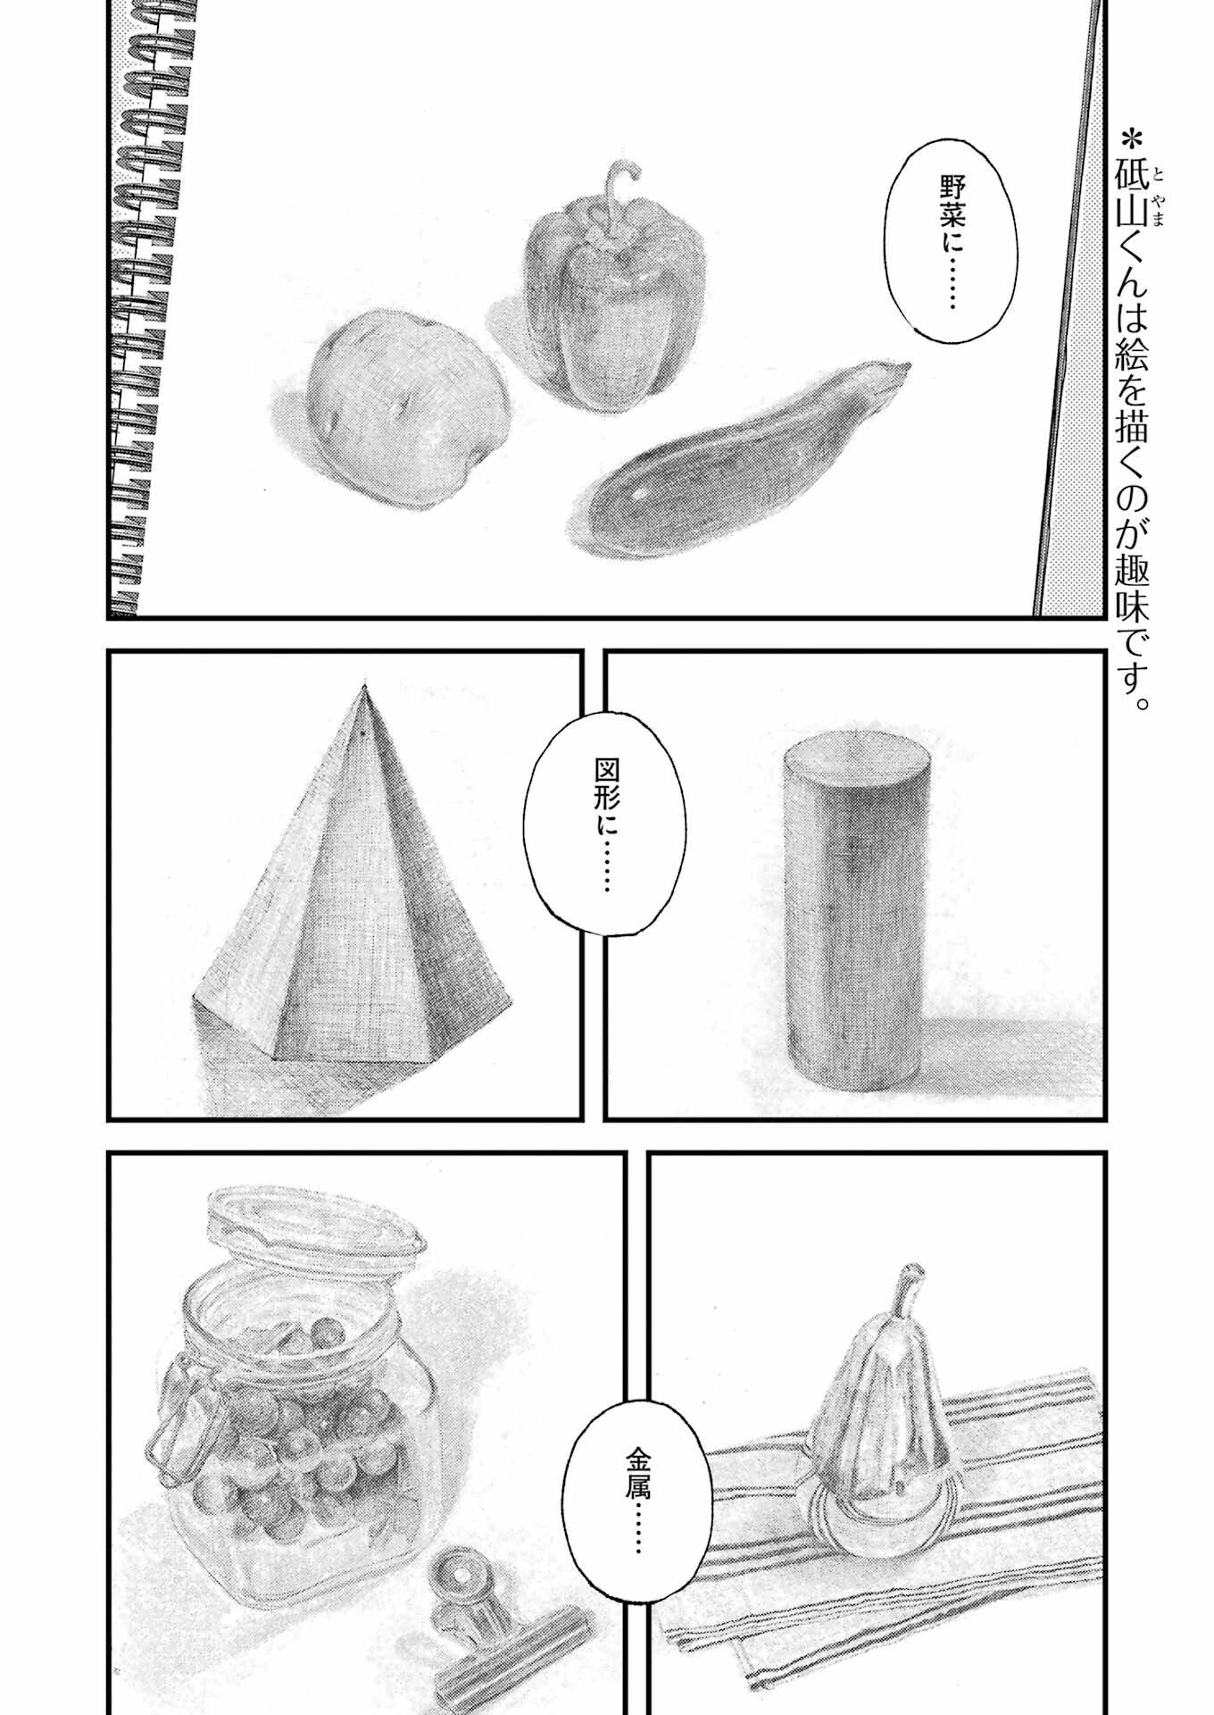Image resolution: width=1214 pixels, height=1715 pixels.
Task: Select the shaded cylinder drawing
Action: (849, 911)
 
